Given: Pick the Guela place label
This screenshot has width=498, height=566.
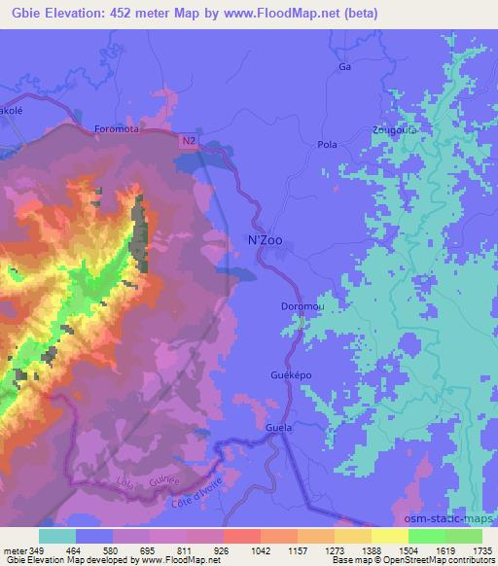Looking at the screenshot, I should tap(279, 427).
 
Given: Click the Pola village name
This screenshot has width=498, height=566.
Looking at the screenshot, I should tap(328, 144).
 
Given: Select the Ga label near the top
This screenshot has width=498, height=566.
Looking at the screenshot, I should tap(342, 67).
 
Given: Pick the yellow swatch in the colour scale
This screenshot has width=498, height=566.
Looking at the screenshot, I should tap(390, 536).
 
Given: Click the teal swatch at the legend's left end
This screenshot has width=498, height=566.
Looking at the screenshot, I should tap(57, 536).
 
